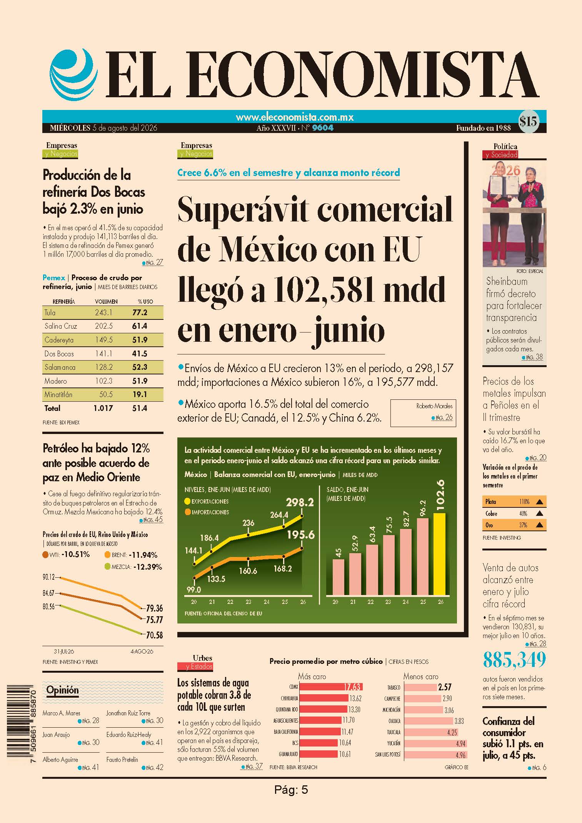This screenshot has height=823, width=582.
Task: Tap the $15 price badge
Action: [528, 122]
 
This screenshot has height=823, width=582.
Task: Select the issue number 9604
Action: [323, 128]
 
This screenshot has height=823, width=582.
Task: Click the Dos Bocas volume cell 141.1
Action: [103, 354]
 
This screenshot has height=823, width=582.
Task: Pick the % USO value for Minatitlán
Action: [140, 394]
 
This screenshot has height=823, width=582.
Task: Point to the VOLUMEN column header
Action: [106, 302]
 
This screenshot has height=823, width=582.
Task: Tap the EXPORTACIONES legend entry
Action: [207, 501]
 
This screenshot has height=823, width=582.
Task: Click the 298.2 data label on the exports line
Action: [300, 502]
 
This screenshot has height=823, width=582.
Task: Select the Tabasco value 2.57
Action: [445, 687]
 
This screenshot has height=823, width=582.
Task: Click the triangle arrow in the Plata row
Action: [539, 502]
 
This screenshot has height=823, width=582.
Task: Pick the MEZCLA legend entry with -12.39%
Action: [133, 567]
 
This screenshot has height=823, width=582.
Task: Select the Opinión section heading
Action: [62, 690]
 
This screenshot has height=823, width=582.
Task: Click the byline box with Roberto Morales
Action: [423, 413]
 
